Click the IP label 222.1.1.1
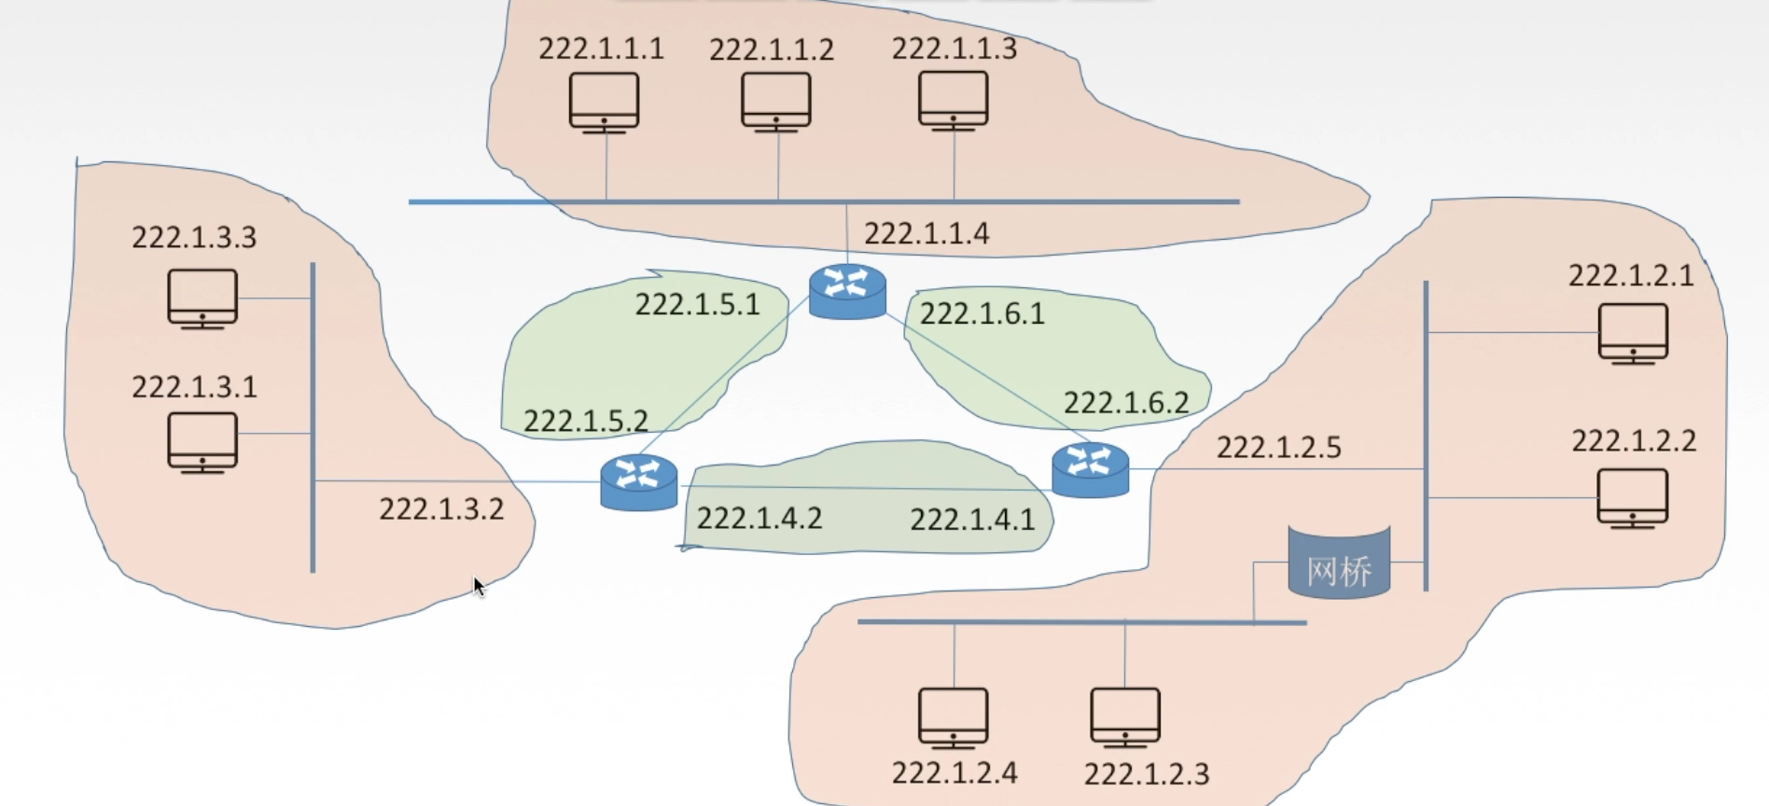click(601, 49)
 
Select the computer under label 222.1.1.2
click(776, 102)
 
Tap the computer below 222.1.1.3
click(954, 101)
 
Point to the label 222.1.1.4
click(926, 233)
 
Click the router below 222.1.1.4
click(847, 291)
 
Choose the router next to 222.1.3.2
click(639, 481)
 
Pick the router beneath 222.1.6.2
click(1090, 469)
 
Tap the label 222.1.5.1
click(698, 305)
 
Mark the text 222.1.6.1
click(982, 313)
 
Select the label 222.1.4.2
click(759, 518)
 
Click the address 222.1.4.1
click(972, 519)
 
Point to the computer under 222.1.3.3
click(202, 299)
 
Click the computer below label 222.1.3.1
click(202, 442)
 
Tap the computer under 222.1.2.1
click(1633, 333)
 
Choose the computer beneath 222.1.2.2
click(1633, 498)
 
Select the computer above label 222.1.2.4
click(954, 717)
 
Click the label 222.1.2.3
click(1147, 774)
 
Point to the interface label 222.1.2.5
click(1278, 448)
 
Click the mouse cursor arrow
click(479, 586)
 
